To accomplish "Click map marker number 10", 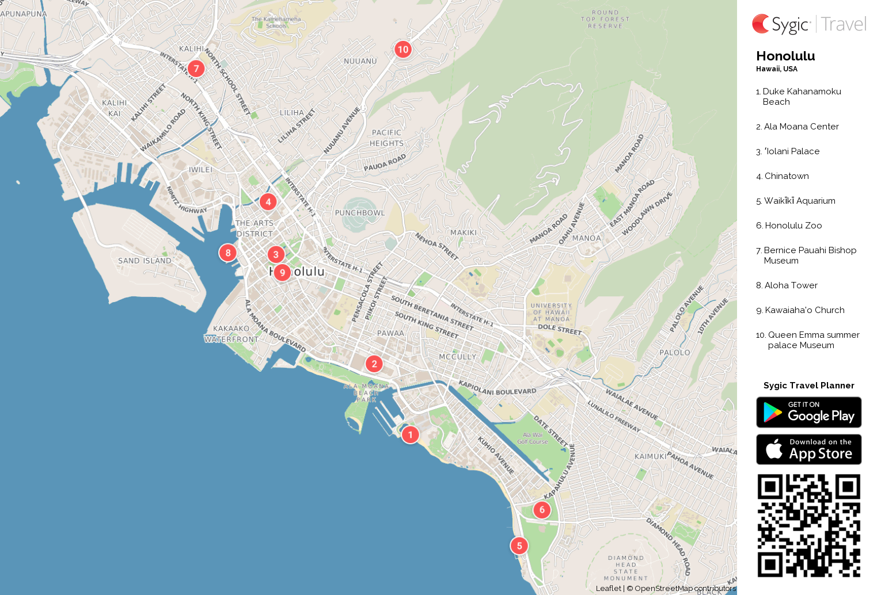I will click(403, 49).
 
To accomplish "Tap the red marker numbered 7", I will click(196, 68).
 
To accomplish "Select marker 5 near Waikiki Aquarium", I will click(519, 546).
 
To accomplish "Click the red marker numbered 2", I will click(374, 364).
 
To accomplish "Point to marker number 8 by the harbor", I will click(228, 253).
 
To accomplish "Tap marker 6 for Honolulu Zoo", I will click(541, 510).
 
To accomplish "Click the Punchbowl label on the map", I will click(360, 213).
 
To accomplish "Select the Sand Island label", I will click(145, 261).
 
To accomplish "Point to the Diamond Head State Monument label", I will click(626, 568).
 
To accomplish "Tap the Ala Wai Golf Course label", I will click(533, 438).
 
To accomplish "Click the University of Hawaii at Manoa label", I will click(551, 312).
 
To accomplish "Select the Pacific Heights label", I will click(386, 138).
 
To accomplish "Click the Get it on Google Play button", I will click(808, 412).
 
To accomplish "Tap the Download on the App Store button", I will click(808, 449).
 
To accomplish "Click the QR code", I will click(808, 525).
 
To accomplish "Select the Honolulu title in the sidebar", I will click(785, 56).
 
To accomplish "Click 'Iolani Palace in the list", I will click(792, 151).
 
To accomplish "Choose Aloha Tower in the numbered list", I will click(791, 285).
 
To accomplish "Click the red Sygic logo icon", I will click(761, 24).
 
